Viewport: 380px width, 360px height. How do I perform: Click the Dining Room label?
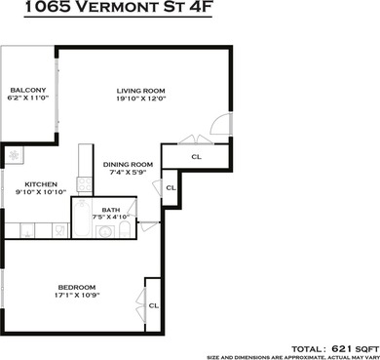pos(129,164)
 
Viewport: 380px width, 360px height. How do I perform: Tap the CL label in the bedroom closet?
pos(154,305)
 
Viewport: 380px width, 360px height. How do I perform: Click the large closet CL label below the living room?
pos(196,156)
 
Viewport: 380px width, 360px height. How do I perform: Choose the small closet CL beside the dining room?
pos(171,188)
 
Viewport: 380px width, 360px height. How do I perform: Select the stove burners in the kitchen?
pos(15,155)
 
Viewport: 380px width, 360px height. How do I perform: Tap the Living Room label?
pos(141,91)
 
